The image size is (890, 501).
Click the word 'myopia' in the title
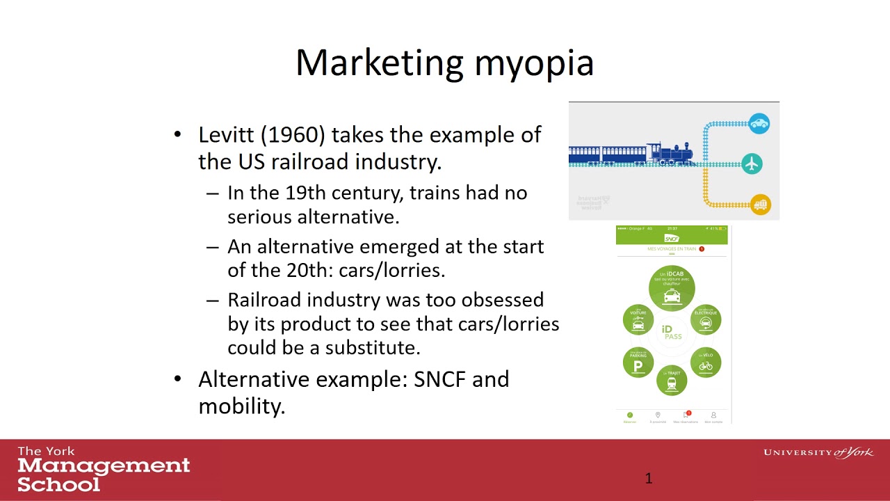(534, 63)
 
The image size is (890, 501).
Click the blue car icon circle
(759, 124)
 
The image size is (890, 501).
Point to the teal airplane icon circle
(752, 164)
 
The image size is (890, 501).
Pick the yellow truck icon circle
(761, 204)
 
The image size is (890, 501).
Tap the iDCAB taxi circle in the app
(672, 287)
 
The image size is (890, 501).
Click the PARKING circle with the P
(638, 363)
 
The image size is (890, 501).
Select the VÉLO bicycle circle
(706, 363)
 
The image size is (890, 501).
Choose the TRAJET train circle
(672, 380)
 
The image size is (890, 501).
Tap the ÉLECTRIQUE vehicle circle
(706, 319)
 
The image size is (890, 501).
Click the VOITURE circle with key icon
(638, 319)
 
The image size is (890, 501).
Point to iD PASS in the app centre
(672, 333)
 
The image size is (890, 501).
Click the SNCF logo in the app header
(672, 239)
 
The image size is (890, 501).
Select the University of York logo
(818, 453)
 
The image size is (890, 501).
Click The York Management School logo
(103, 469)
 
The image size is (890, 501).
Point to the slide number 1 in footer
(649, 478)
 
